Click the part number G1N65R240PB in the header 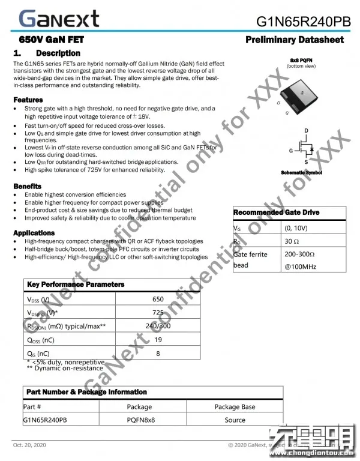click(304, 22)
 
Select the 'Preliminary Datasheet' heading click(295, 40)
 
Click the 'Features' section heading click(28, 100)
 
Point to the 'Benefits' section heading click(28, 187)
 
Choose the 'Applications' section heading click(34, 233)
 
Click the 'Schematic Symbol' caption click(301, 173)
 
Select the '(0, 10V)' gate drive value click(296, 228)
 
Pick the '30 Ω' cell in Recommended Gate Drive click(292, 241)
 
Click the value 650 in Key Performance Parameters click(158, 299)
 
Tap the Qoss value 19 click(158, 340)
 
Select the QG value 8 click(158, 354)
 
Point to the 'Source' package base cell click(235, 420)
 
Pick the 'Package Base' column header click(235, 406)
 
